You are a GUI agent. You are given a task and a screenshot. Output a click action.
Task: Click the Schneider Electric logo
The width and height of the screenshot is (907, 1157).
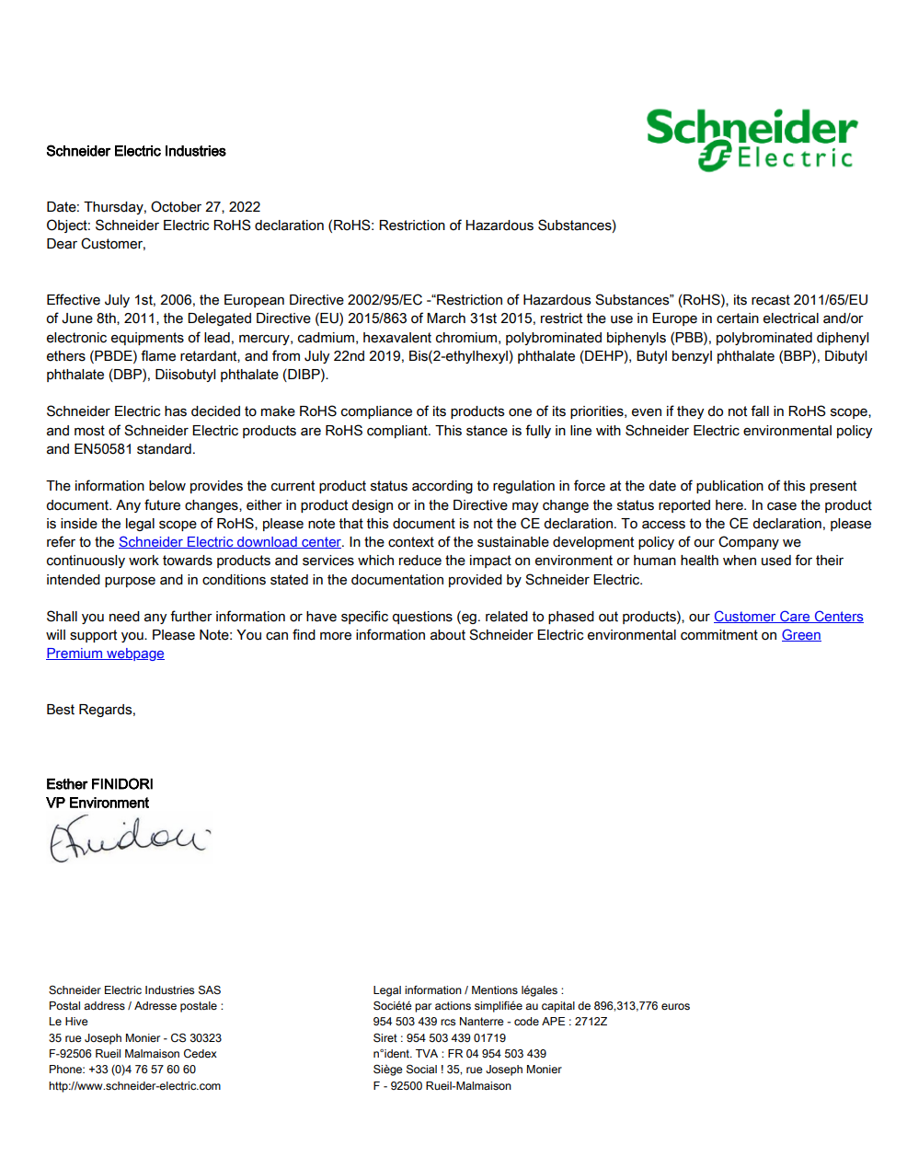tap(752, 140)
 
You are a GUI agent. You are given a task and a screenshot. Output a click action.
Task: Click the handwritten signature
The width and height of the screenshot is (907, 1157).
tap(129, 839)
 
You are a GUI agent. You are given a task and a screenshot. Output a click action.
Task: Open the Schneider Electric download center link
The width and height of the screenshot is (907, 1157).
tap(229, 542)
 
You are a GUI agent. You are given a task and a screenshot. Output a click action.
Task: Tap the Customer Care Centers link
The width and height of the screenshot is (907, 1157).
tap(788, 617)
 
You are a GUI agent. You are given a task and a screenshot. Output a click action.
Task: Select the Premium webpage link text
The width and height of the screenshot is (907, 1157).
tap(105, 654)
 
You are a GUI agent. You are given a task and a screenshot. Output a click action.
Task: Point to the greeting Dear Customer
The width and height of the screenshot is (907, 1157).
tap(96, 244)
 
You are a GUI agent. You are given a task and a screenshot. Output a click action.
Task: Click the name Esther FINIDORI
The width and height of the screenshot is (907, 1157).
tap(99, 784)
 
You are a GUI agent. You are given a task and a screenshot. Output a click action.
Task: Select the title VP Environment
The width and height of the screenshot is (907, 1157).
tap(98, 803)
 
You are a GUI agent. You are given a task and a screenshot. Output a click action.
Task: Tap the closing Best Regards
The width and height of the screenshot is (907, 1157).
tap(90, 710)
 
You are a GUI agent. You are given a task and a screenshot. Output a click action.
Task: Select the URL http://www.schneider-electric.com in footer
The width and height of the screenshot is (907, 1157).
tap(134, 1086)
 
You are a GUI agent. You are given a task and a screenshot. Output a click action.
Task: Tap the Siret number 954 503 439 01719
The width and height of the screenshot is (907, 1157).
tap(456, 1038)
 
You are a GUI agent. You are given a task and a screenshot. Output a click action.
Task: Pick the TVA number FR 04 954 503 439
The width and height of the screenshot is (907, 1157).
tap(497, 1054)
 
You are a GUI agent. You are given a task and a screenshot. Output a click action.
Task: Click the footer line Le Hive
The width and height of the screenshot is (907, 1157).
tap(68, 1022)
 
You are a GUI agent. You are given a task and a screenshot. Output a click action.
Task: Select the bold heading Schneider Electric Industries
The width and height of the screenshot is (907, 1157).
tap(136, 151)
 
